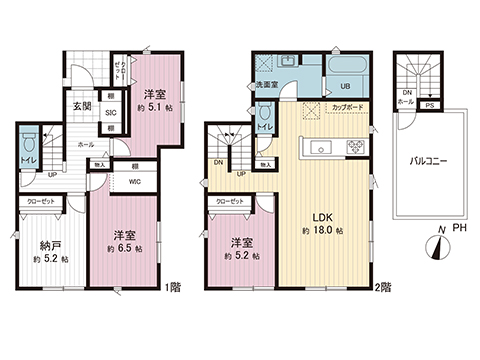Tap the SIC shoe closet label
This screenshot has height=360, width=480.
click(x=111, y=113)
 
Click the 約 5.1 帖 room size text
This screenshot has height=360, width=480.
click(x=156, y=107)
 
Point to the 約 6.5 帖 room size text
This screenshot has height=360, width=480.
click(x=124, y=247)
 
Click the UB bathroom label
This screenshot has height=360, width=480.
click(x=344, y=86)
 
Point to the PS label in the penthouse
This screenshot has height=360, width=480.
click(x=429, y=104)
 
